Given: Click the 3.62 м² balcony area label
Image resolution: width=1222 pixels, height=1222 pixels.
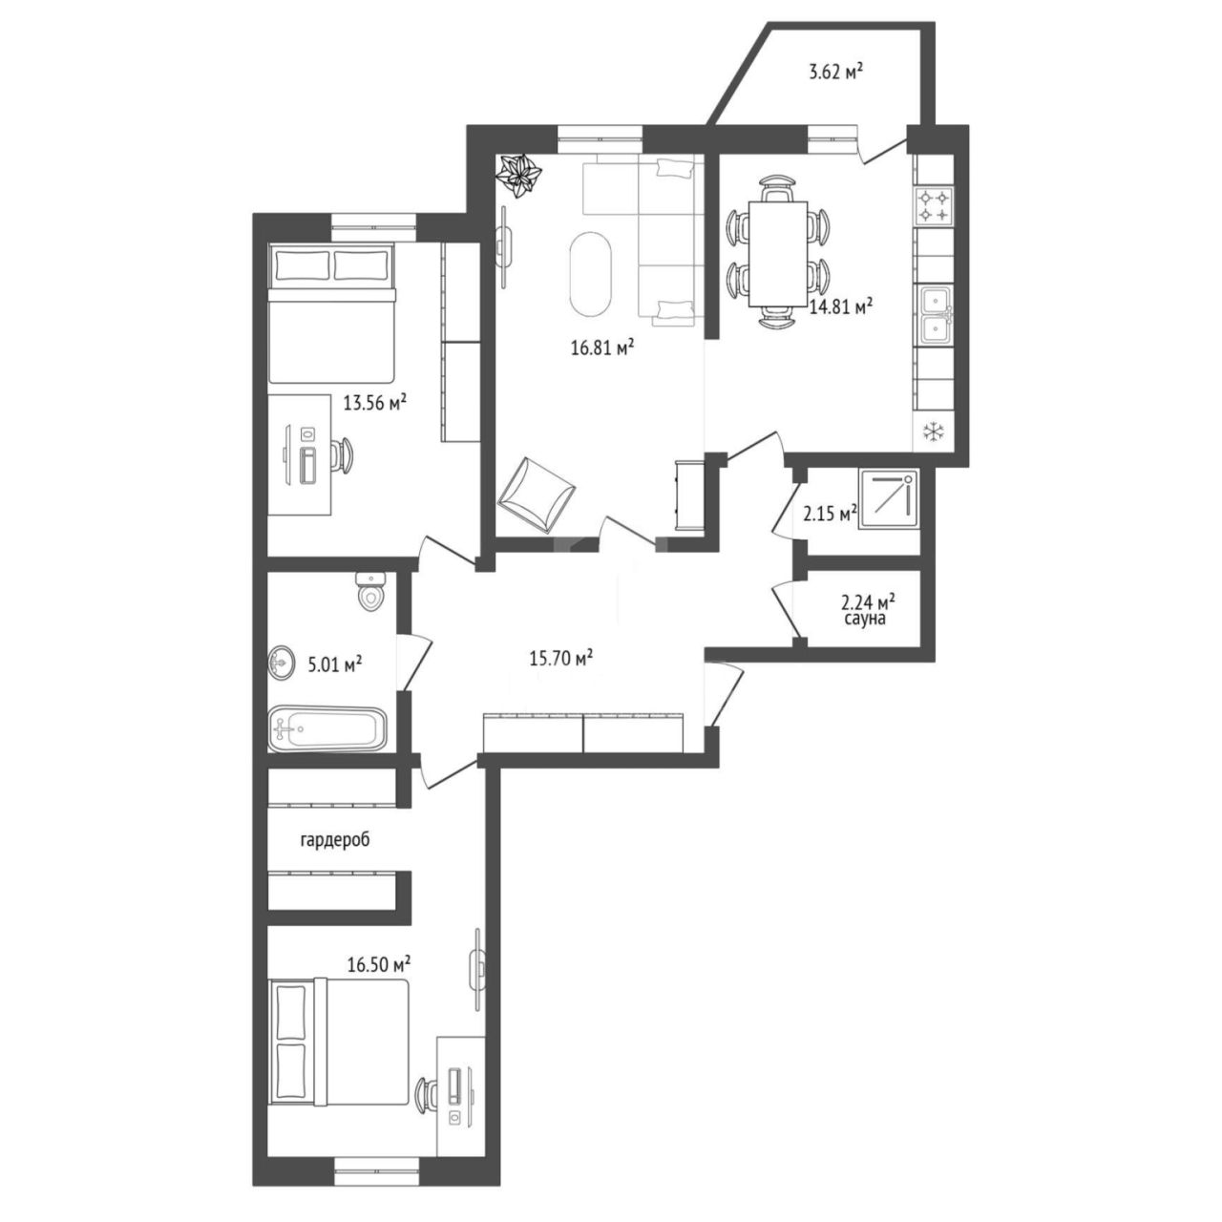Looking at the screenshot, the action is [x=836, y=73].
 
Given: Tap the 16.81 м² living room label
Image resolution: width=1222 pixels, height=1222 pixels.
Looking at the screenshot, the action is [x=603, y=348].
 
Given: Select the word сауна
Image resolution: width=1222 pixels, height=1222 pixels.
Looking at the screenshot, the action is [x=864, y=619].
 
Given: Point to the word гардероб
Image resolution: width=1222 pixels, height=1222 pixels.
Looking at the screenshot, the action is [x=334, y=840].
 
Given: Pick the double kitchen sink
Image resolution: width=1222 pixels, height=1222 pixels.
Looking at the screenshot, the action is [x=934, y=315].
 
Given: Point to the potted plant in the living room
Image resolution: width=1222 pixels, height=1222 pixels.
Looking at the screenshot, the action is [x=519, y=179].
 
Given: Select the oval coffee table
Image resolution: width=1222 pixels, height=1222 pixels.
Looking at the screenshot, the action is [x=591, y=274].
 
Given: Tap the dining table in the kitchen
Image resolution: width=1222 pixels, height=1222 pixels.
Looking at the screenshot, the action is [x=779, y=254].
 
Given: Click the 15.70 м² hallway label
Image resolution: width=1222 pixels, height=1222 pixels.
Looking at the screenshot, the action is [x=561, y=660].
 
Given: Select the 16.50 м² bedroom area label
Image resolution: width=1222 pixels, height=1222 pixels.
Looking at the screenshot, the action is [x=379, y=964].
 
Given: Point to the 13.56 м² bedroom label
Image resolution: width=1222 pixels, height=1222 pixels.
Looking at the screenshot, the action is [x=375, y=403].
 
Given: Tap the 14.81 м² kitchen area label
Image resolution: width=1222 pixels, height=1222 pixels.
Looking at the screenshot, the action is [x=842, y=307].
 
